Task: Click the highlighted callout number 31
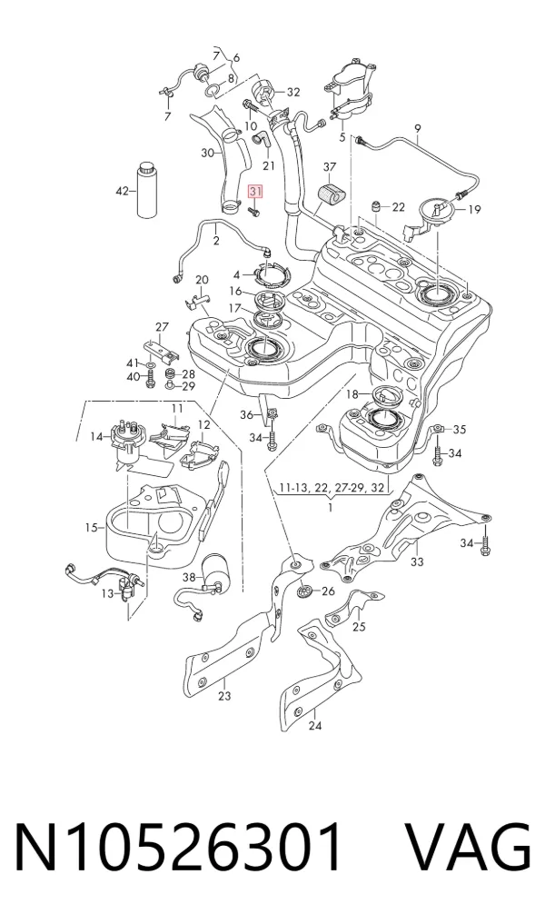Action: tap(256, 192)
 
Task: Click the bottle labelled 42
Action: tap(147, 189)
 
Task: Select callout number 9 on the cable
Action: tap(417, 128)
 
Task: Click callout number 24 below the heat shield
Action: tap(315, 725)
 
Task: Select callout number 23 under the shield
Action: tap(224, 696)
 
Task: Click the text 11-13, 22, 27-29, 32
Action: tap(332, 488)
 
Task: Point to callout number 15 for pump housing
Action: tap(91, 527)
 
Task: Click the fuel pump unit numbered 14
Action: tap(125, 441)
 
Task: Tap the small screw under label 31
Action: tap(254, 211)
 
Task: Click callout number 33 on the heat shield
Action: tap(417, 562)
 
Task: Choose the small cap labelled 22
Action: tap(375, 207)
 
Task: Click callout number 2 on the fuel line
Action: tap(216, 241)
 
